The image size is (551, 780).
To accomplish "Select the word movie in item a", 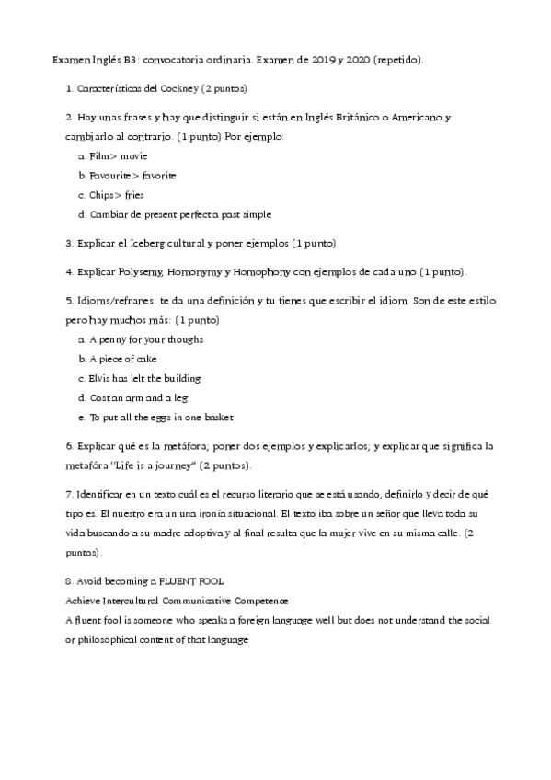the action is point(134,156).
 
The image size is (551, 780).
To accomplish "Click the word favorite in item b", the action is point(158,176).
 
